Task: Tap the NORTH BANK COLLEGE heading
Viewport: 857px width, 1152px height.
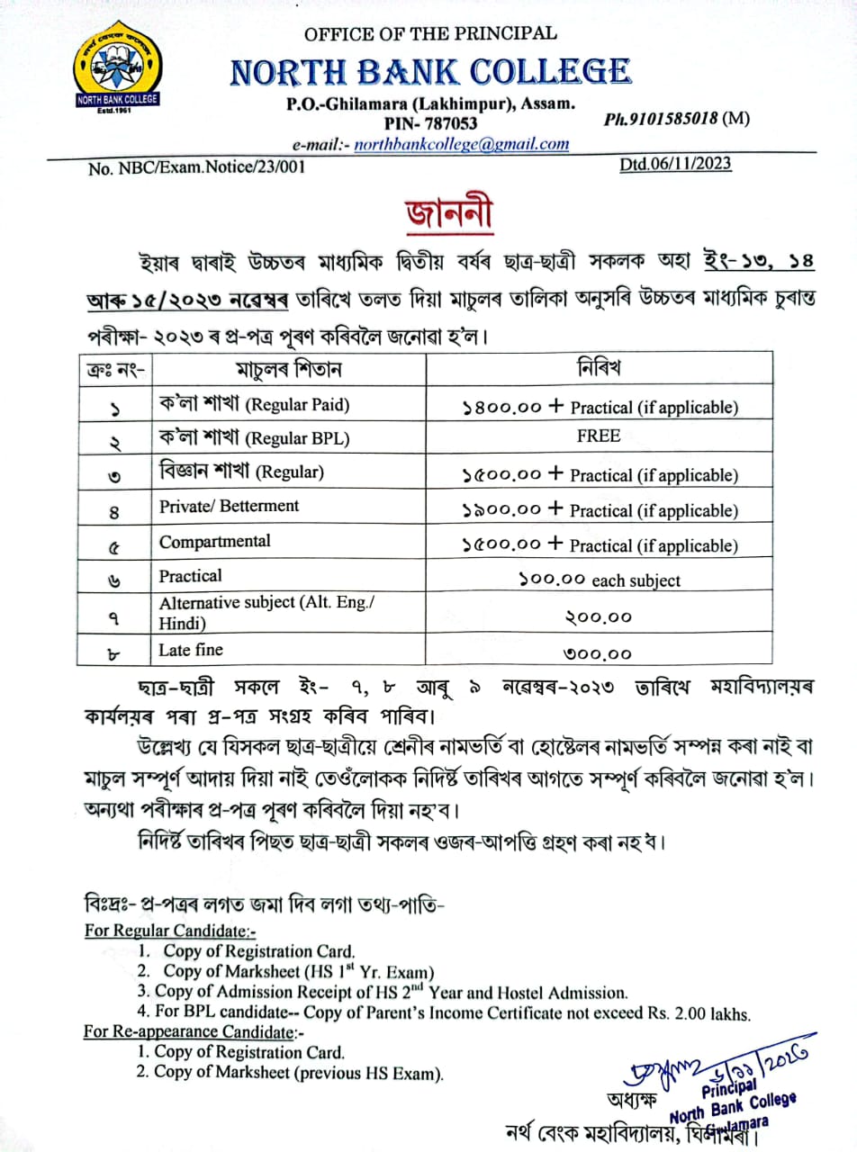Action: (430, 71)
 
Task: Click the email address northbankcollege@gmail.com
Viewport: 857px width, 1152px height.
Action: (461, 144)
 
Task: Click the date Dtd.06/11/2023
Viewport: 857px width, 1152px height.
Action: (675, 164)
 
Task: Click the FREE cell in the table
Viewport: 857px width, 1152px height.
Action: (599, 436)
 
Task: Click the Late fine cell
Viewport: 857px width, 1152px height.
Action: (191, 649)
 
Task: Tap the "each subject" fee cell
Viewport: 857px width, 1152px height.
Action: (599, 580)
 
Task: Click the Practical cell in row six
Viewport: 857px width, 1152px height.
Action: (190, 576)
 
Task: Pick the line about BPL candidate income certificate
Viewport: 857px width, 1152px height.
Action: (444, 1012)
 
